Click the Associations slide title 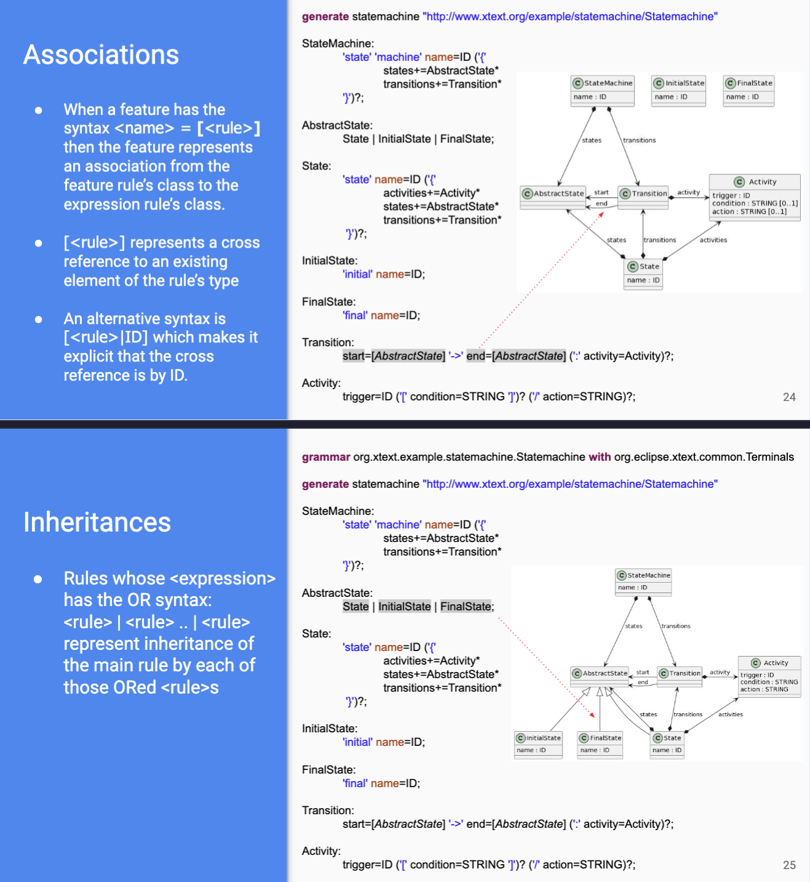(x=101, y=55)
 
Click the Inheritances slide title (x=97, y=522)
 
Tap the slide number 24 (x=789, y=397)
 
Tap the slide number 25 (x=789, y=865)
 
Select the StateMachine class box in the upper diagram (x=603, y=91)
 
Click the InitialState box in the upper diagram (x=678, y=91)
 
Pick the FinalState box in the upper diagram (x=748, y=91)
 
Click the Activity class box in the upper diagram (x=754, y=197)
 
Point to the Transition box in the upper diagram (x=643, y=198)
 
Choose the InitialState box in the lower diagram (x=538, y=745)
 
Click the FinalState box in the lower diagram (x=600, y=745)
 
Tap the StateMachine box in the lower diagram (x=643, y=581)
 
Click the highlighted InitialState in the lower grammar (x=404, y=606)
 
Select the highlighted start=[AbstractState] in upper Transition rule (x=394, y=356)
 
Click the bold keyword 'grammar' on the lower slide (x=326, y=457)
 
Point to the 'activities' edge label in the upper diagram (x=713, y=240)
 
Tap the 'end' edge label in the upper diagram (x=601, y=204)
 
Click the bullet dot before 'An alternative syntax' (x=39, y=319)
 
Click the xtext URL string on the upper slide (x=569, y=16)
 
